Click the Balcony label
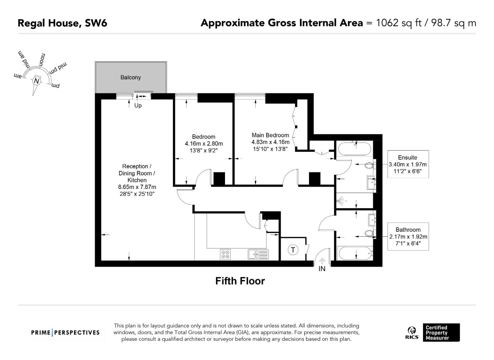131,77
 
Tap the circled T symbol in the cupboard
293,250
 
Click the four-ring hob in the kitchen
225,254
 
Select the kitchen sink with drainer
258,254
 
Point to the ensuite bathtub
355,149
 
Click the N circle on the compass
37,81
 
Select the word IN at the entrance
322,269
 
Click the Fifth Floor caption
240,281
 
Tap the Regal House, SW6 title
62,23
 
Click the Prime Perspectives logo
65,333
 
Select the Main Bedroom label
270,135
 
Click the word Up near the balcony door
138,106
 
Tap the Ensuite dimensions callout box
408,164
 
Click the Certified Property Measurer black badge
441,333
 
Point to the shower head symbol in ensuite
341,201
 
